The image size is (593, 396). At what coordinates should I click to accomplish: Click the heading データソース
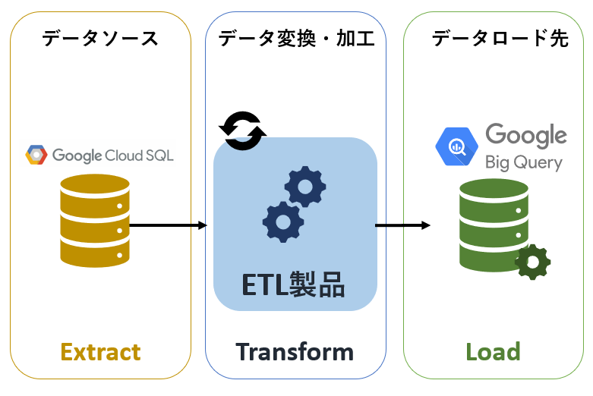pos(100,38)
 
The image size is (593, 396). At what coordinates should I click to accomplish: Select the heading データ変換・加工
pos(296,38)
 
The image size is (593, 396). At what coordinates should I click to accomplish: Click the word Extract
pos(100,352)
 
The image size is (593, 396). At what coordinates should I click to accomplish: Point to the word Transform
pos(295,352)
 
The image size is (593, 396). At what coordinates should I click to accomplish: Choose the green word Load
pos(493,352)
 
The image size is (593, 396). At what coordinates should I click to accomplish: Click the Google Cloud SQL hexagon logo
pos(36,155)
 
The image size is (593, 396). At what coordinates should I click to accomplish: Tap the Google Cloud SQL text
pos(112,156)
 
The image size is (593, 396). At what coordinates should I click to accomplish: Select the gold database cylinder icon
pos(93,220)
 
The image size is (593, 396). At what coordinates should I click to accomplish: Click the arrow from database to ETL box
pos(169,225)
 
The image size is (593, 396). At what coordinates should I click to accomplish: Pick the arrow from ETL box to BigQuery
pos(402,225)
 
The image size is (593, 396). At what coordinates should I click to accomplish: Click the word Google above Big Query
pos(525,137)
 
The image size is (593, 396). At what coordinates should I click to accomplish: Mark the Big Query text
pos(524,162)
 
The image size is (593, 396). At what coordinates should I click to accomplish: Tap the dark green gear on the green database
pos(532,262)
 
